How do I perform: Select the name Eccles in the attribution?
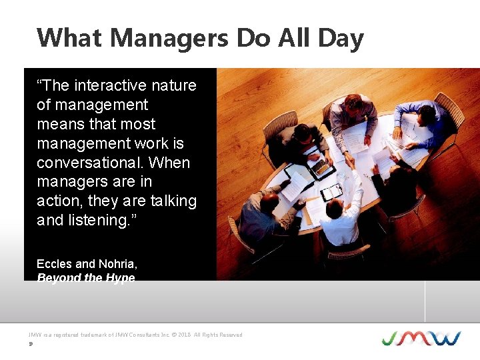click(x=56, y=264)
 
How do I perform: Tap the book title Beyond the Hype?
click(x=85, y=277)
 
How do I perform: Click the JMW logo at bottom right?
click(x=421, y=337)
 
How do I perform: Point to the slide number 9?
click(x=31, y=345)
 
